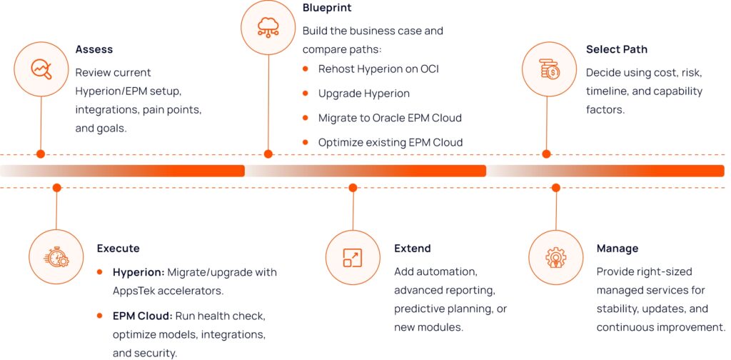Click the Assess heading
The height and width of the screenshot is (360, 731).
point(94,50)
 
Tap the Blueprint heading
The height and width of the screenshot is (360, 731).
point(327,8)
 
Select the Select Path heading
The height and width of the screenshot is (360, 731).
point(617,50)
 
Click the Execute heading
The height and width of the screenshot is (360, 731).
point(119,249)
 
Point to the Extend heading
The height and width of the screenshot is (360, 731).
point(413,249)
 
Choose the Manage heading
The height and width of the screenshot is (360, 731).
point(617,249)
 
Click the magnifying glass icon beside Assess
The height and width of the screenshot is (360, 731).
point(41,69)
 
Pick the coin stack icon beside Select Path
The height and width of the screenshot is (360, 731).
point(549,69)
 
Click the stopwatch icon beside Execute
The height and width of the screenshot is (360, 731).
point(56,257)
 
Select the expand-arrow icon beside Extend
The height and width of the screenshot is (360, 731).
point(353,257)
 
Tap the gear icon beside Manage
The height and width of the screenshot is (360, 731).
point(556,257)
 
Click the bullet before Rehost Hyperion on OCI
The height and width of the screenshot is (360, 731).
point(306,69)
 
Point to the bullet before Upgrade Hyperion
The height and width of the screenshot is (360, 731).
point(306,94)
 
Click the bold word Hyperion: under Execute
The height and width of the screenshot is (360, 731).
point(139,272)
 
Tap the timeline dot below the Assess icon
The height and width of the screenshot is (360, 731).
point(41,154)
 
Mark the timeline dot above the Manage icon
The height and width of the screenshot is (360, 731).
point(556,188)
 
